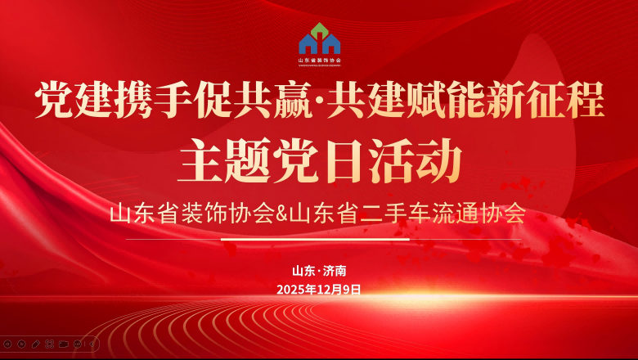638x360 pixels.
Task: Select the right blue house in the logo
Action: (331, 44)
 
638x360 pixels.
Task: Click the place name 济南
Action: (335, 271)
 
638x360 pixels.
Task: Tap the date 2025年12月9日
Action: (319, 289)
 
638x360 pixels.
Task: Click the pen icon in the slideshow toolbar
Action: (36, 344)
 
